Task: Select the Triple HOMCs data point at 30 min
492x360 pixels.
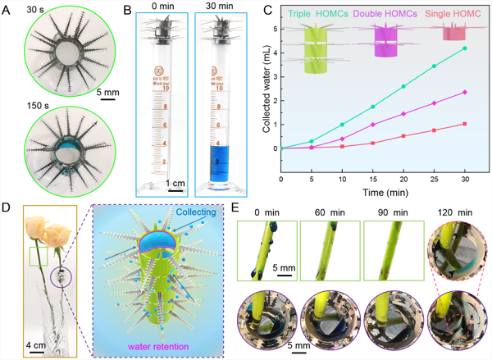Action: (465, 48)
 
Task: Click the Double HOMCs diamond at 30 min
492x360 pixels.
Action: (465, 92)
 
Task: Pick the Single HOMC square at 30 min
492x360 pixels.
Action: (465, 124)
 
